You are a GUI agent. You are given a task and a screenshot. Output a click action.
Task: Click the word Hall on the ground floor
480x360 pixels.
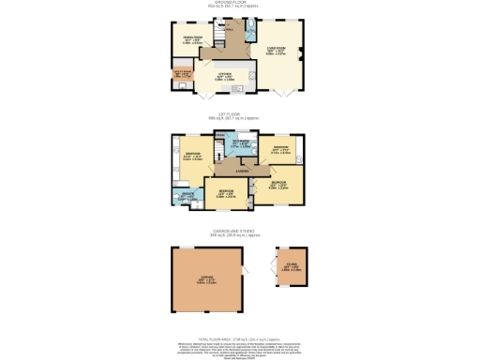coord(230,28)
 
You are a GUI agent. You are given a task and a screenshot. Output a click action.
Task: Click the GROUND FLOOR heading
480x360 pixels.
coord(239,3)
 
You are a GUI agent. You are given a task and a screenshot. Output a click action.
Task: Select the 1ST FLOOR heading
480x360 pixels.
coord(239,117)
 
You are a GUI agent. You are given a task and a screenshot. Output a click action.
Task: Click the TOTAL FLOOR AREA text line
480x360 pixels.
coord(239,336)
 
